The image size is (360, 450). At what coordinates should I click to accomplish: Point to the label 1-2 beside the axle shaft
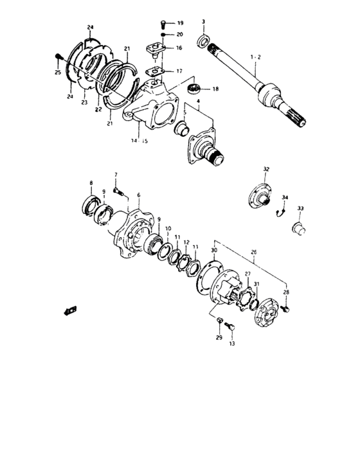[x=256, y=57]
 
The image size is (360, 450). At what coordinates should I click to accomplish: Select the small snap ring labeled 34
[x=279, y=210]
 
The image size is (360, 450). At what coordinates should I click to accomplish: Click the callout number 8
[x=91, y=183]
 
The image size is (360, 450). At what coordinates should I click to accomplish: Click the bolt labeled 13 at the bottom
[x=231, y=329]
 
